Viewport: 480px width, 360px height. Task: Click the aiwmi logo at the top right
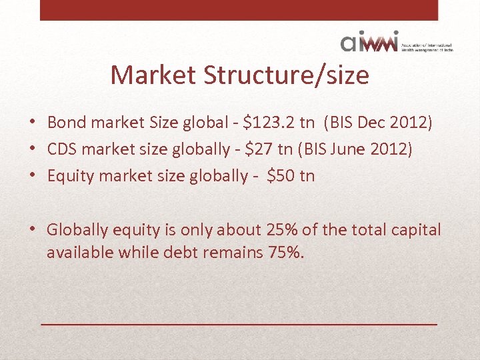coord(369,42)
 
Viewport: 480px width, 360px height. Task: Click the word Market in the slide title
coord(153,75)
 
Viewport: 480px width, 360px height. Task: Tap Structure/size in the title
coord(286,75)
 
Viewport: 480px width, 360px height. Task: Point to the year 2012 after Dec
coord(406,123)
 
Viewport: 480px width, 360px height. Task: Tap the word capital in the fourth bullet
coord(414,230)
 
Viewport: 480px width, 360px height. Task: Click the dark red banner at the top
coord(239,10)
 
